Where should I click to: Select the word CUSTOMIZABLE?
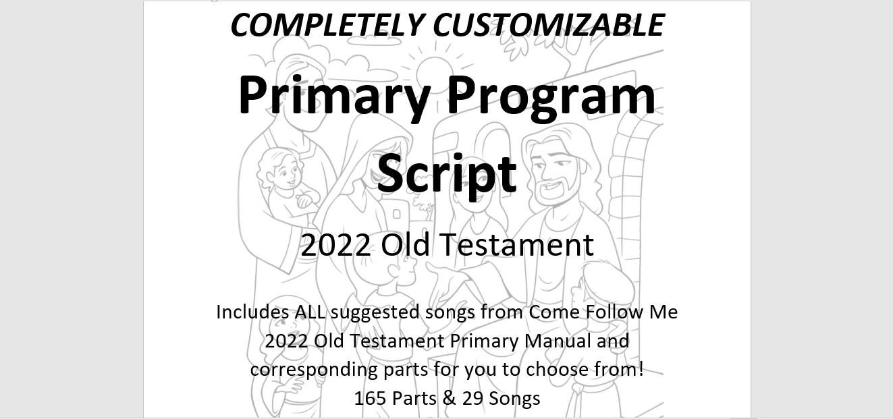[549, 25]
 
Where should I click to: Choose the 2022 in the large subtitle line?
[335, 245]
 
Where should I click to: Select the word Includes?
[252, 312]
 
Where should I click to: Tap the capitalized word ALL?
[310, 312]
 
